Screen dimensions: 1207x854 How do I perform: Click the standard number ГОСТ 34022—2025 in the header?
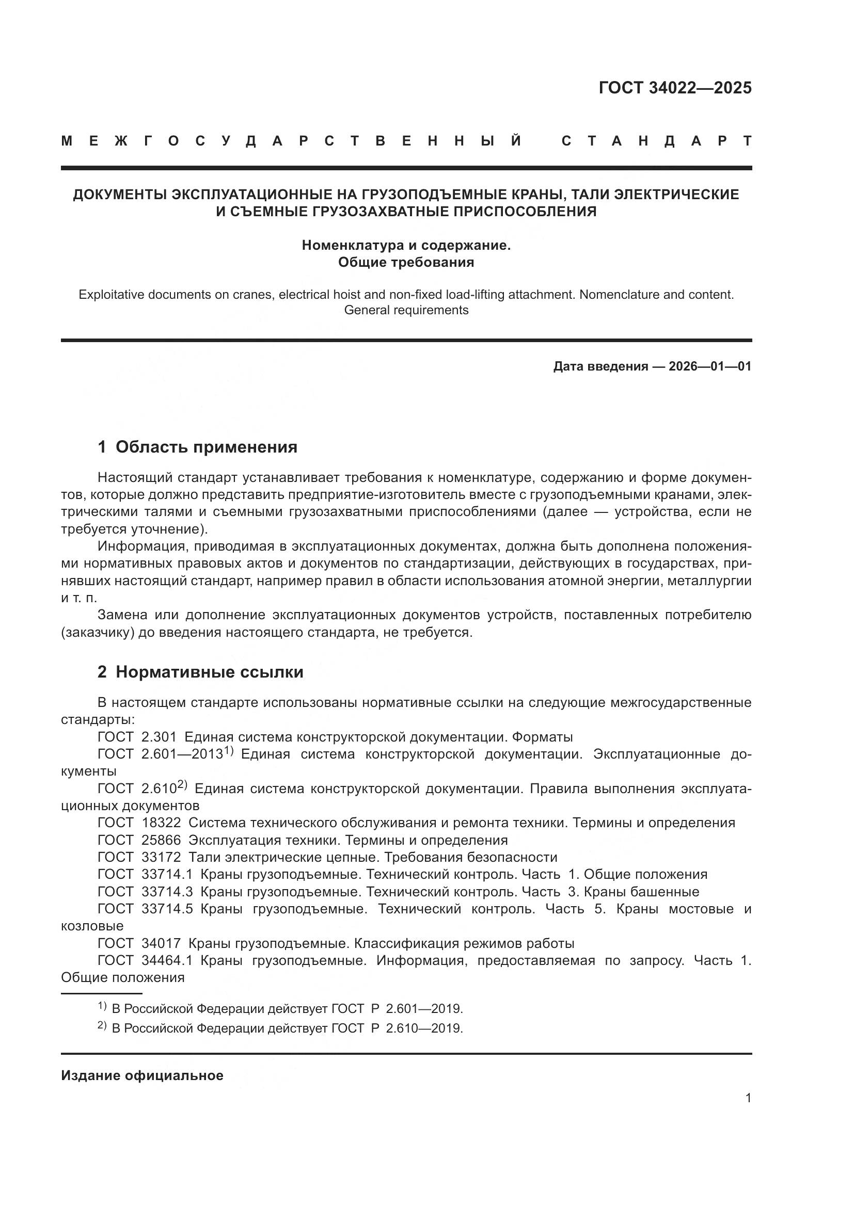675,88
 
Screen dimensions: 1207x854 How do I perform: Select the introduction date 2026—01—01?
710,366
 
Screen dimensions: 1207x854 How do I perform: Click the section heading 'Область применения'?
206,447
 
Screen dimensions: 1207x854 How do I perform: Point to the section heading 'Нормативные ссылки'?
209,672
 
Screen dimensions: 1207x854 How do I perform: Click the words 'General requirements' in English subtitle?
406,310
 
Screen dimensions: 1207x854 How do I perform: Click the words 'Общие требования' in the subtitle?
406,262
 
